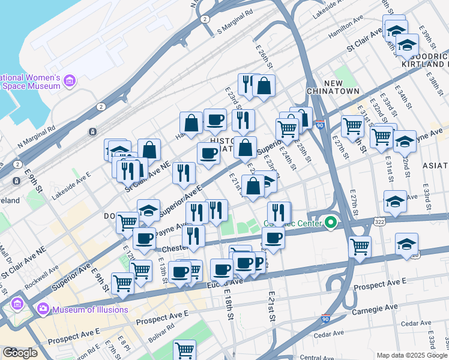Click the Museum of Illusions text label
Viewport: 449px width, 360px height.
click(x=90, y=310)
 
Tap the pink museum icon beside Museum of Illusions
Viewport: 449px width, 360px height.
click(x=43, y=310)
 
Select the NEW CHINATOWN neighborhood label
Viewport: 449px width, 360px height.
click(x=342, y=86)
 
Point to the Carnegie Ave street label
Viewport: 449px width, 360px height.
click(x=375, y=307)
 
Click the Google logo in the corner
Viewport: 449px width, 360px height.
click(x=20, y=352)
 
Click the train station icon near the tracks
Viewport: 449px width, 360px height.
click(x=92, y=131)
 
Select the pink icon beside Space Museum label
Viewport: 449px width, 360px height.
click(x=70, y=81)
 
